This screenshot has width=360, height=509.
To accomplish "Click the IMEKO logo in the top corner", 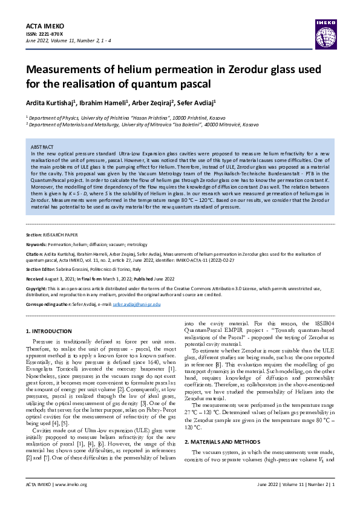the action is [x=325, y=27].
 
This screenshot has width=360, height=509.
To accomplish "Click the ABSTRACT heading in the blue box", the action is [x=42, y=147].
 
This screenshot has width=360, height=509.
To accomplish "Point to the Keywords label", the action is [x=36, y=244].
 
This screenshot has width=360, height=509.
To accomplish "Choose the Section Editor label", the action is [x=42, y=268].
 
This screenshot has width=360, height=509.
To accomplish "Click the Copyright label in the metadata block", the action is [x=38, y=289].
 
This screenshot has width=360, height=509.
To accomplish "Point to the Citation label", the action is [x=35, y=254].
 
